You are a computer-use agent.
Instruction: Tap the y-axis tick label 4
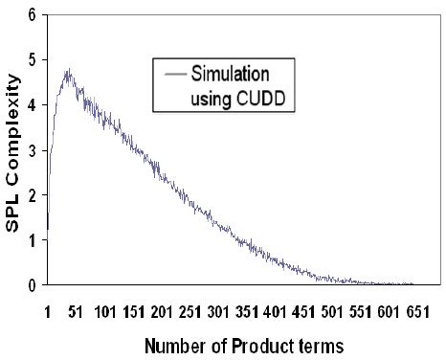point(34,105)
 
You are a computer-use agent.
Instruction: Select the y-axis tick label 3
point(34,150)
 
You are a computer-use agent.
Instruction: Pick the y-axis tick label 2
point(34,195)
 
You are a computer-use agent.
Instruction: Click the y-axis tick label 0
point(34,284)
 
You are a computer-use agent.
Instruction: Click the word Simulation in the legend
point(229,74)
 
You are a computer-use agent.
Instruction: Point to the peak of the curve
point(68,69)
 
